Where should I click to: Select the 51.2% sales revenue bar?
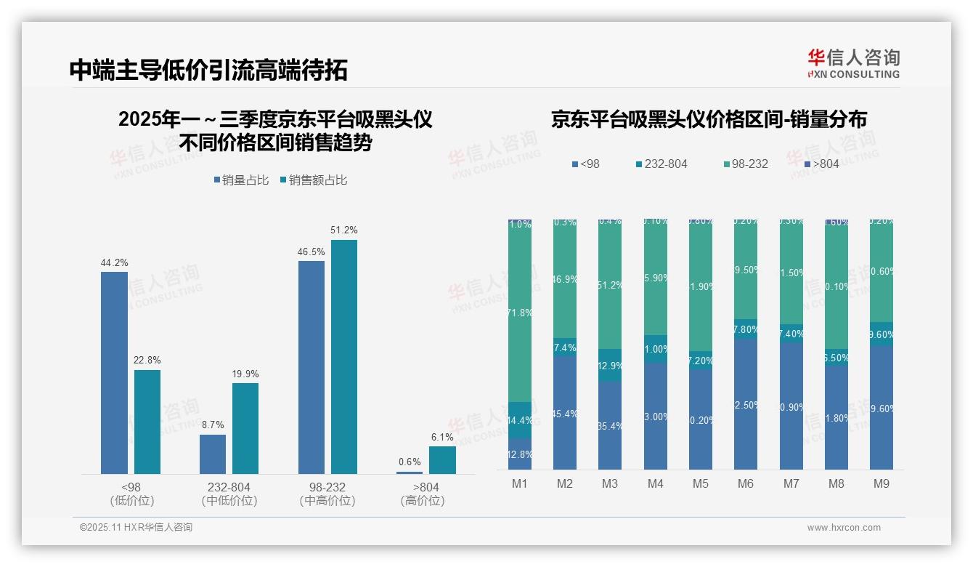pos(344,357)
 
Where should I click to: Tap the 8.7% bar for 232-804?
pos(213,454)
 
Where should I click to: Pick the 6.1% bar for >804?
pos(442,460)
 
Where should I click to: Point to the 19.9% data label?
pos(245,374)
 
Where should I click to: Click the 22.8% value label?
pos(147,361)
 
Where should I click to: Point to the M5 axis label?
pos(700,483)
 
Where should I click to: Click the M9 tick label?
pos(882,483)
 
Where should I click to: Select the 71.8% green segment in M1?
pos(520,313)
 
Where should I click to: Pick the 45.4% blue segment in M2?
pos(565,413)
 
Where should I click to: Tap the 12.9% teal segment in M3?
pos(610,365)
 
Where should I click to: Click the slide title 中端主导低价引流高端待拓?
pos(208,70)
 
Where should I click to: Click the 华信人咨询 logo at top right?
pos(853,64)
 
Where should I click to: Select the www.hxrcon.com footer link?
pos(844,528)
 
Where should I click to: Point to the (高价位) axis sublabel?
pos(423,501)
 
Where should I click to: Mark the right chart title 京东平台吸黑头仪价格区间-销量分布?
pos(709,120)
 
